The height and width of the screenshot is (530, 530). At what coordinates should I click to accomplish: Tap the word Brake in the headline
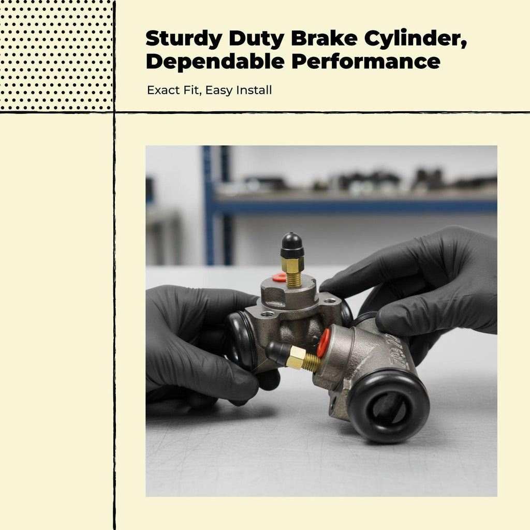[x=324, y=38]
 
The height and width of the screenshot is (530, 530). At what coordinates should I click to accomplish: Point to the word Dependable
[x=215, y=62]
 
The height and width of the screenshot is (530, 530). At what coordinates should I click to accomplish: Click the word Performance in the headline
[x=366, y=62]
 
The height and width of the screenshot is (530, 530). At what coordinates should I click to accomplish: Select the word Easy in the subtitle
[x=219, y=91]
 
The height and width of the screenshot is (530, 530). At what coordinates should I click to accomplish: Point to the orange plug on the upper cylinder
[x=279, y=277]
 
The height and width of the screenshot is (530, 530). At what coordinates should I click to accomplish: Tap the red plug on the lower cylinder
[x=324, y=343]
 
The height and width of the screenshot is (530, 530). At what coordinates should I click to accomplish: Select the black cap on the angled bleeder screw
[x=277, y=353]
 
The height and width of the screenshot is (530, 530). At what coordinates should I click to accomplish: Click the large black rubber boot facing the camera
[x=388, y=407]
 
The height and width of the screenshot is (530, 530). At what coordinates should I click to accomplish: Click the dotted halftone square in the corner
[x=56, y=55]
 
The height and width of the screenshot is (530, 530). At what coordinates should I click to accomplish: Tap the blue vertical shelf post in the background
[x=209, y=205]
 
